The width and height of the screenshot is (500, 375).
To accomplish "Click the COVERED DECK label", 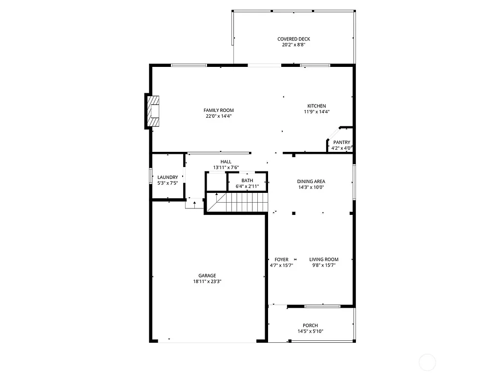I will pos(293,39).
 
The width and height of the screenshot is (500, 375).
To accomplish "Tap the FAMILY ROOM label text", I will pos(218,110).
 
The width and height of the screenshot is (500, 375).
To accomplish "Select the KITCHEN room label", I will pos(316,106).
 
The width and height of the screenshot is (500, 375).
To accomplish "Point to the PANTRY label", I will pos(342,143).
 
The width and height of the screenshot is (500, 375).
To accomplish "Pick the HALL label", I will pos(226,162).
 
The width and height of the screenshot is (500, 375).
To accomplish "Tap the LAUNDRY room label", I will pos(167,177).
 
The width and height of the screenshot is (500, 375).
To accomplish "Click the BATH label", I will pos(247,181).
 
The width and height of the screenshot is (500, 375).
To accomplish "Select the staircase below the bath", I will pos(237,203).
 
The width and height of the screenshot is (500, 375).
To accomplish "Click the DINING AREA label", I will pos(311,181).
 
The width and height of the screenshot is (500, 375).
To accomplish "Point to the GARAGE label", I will pos(207,275).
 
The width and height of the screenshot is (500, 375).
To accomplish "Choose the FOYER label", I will pos(281,259).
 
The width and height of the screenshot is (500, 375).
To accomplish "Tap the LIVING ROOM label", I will pos(324,259).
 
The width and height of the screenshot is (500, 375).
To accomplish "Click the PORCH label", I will pos(310,326).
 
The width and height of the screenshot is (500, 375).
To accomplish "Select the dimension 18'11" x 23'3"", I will pos(207,281).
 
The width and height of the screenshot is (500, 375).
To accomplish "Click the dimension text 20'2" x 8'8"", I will pos(293,45).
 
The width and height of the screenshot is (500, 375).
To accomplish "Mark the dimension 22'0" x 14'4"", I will pos(218,116).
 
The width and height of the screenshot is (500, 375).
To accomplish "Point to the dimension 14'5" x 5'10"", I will pos(310,332).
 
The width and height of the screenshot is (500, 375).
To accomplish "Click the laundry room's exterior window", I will pos(150,177).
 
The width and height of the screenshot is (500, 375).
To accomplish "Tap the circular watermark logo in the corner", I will pos(427,362).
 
